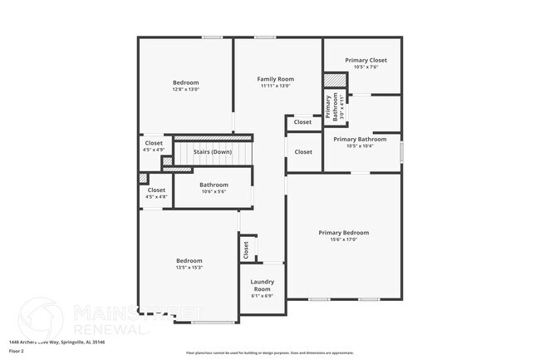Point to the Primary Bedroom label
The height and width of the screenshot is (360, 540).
(x=344, y=233)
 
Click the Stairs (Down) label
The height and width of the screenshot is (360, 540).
(x=213, y=152)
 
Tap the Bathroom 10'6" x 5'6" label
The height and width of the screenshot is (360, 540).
(x=214, y=185)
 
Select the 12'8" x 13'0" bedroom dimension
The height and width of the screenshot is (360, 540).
(x=186, y=89)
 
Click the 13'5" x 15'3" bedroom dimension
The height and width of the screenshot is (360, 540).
(x=189, y=268)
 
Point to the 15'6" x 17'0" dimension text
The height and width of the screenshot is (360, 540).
(x=344, y=239)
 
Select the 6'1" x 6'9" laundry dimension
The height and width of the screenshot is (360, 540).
(x=262, y=296)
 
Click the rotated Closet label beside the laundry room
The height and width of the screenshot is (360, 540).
(x=246, y=248)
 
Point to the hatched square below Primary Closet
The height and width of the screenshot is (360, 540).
(x=334, y=80)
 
